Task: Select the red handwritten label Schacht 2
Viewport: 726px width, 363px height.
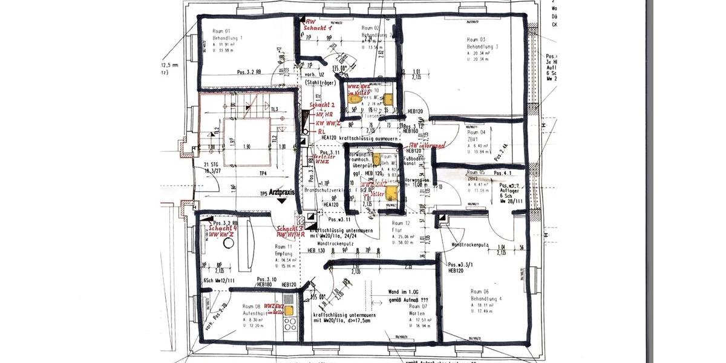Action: (322, 105)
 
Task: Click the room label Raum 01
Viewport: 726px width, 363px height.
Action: (221, 31)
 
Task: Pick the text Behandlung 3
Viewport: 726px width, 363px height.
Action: (482, 47)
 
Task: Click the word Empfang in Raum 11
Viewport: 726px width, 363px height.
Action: (284, 253)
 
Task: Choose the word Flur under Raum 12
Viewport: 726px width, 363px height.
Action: (396, 231)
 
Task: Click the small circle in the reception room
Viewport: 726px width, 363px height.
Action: (228, 243)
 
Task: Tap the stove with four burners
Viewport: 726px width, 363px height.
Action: (289, 329)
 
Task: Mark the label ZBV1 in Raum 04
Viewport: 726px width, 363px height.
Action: (473, 139)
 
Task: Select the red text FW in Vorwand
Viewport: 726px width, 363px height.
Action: (428, 146)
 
